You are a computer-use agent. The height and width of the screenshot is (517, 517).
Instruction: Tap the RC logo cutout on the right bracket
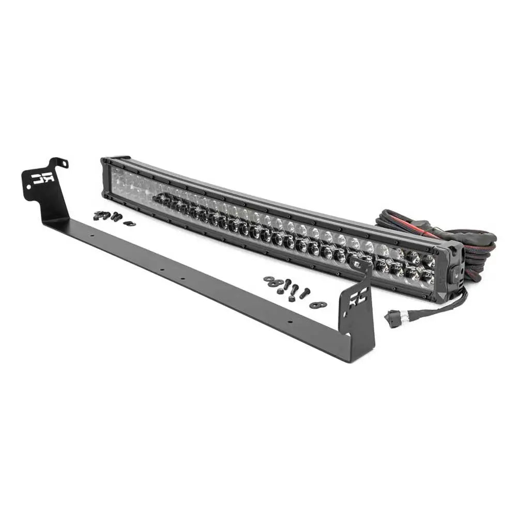(356, 300)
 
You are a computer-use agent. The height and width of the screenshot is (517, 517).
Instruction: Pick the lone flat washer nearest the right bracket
(316, 305)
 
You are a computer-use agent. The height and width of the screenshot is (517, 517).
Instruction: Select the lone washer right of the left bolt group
(129, 223)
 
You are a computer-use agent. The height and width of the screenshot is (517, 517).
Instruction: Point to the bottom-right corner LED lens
(428, 278)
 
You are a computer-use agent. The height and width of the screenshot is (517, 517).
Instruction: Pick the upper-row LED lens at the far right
(428, 261)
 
